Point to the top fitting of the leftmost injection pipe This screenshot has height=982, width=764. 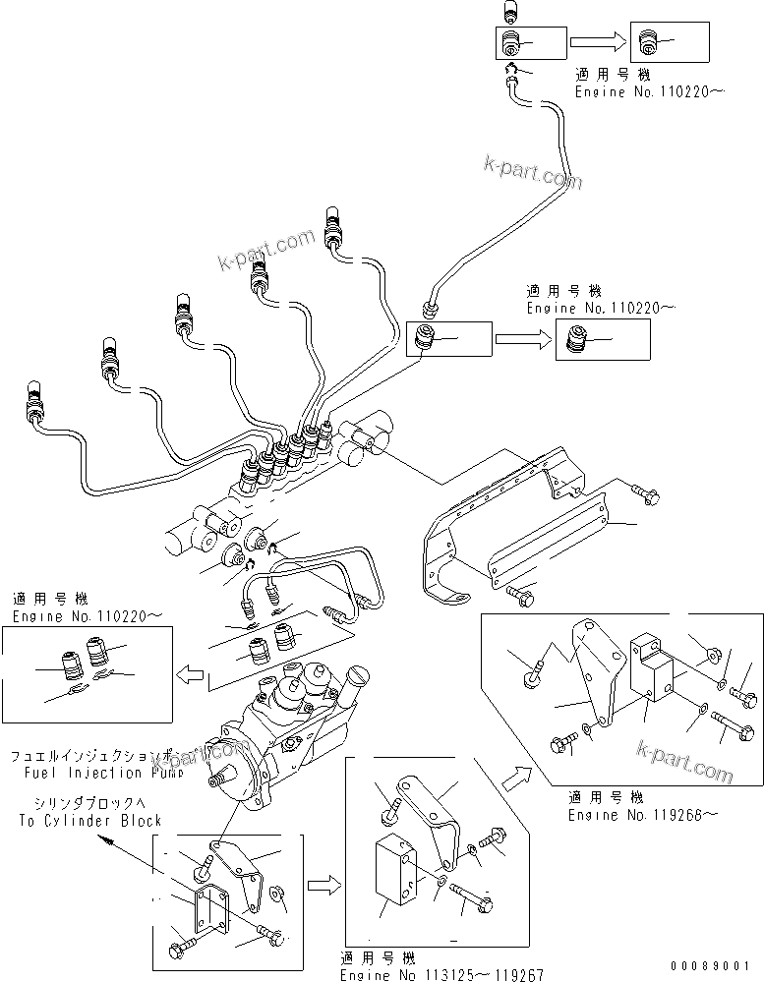tap(35, 391)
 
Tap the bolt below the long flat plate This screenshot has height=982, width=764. tap(520, 593)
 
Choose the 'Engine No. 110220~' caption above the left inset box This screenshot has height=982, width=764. tap(88, 615)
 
